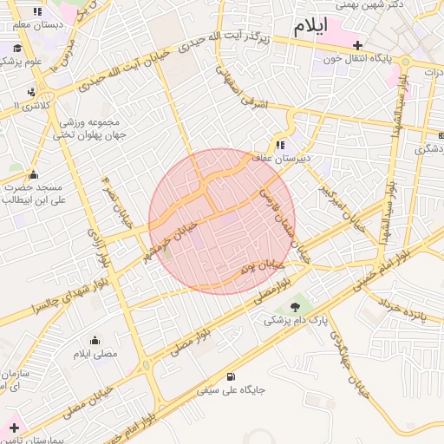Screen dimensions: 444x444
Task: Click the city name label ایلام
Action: click(x=310, y=26)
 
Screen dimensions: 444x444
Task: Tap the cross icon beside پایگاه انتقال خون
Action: click(x=356, y=45)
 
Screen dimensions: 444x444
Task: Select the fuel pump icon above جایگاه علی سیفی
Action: click(x=230, y=376)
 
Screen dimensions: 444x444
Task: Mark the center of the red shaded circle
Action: click(x=222, y=221)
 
